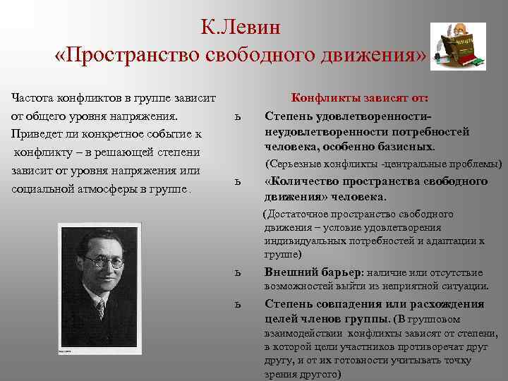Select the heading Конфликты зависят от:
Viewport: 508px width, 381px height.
coord(361,99)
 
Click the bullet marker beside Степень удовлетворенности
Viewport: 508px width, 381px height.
coord(239,117)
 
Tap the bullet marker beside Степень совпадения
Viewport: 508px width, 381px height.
coord(239,304)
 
